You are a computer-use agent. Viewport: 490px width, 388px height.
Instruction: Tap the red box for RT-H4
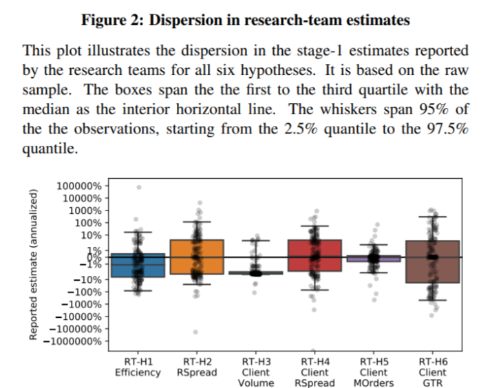coord(315,255)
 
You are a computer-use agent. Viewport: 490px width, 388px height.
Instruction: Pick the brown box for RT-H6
coord(432,261)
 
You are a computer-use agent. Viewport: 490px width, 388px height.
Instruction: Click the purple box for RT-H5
coord(374,259)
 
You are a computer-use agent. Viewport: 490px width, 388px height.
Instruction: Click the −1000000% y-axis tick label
coord(78,341)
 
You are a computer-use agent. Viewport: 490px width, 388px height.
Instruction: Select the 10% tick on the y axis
coord(92,235)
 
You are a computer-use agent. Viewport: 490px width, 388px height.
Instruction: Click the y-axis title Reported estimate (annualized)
coord(32,263)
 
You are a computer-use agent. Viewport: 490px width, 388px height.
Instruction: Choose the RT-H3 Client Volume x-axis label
coord(256,371)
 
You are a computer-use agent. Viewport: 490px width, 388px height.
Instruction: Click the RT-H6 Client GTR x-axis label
coord(432,371)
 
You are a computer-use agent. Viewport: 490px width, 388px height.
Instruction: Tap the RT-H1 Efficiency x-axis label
coord(138,367)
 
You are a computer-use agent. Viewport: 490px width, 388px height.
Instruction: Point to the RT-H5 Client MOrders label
coord(374,371)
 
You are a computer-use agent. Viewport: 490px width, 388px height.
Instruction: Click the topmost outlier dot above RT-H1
coord(139,187)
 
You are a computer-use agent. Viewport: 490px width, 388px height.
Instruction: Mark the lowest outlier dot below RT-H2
coord(195,332)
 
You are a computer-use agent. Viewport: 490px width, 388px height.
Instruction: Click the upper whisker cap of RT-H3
coord(256,241)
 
